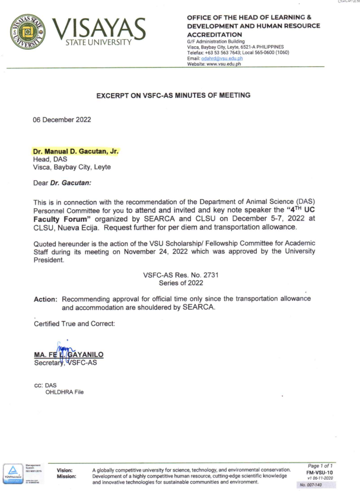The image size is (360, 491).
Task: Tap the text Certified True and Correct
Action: (x=69, y=325)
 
